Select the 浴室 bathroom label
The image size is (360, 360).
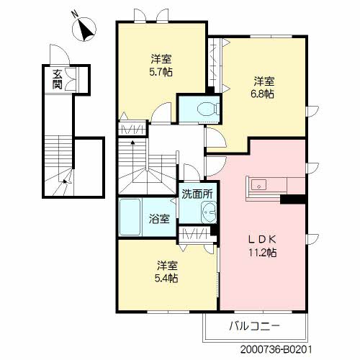point(159,219)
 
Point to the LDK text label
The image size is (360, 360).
point(263,239)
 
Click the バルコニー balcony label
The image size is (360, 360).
point(254,326)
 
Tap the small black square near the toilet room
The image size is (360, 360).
point(210,90)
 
